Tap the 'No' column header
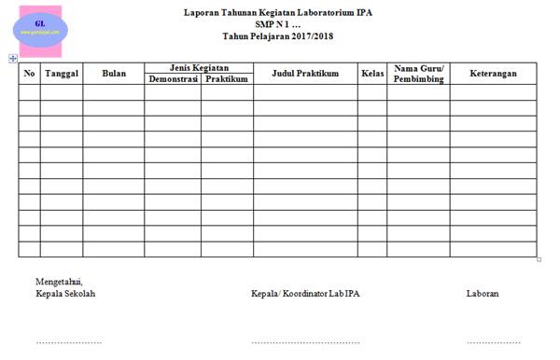coord(29,74)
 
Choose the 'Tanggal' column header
coord(62,74)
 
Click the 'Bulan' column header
coord(113,74)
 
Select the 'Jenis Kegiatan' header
coord(198,67)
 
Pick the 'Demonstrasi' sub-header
coord(172,80)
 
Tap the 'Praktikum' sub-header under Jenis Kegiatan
coord(226,80)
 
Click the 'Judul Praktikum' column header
coord(304,74)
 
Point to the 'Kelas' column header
coord(371,74)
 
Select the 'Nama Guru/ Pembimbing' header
coord(418,74)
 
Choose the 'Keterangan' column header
coord(493,74)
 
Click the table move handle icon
coord(12,59)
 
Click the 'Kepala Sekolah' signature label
coord(65,294)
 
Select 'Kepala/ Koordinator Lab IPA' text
coord(305,294)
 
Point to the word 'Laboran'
coord(483,294)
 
